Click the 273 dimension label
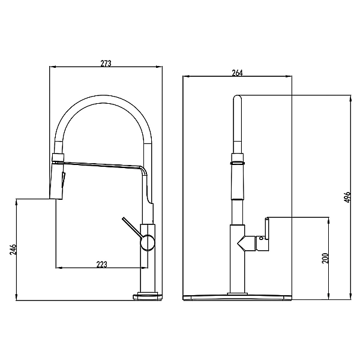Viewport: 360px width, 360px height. pos(106,63)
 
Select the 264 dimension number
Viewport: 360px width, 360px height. pos(237,73)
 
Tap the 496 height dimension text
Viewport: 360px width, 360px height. pos(348,197)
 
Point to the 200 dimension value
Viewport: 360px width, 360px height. pos(325,258)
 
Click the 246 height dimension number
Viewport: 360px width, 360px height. pos(13,250)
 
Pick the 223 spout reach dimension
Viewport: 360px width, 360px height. pos(101,265)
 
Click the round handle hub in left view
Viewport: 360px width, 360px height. pos(148,242)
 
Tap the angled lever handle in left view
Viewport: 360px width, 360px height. pos(133,227)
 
